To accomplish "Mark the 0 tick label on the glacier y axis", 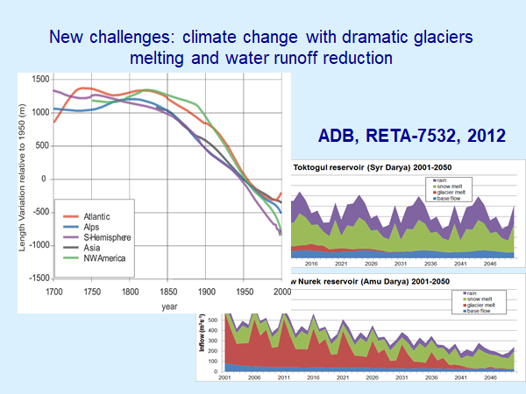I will pos(43,179).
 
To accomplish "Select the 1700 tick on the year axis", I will pos(53,292).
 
